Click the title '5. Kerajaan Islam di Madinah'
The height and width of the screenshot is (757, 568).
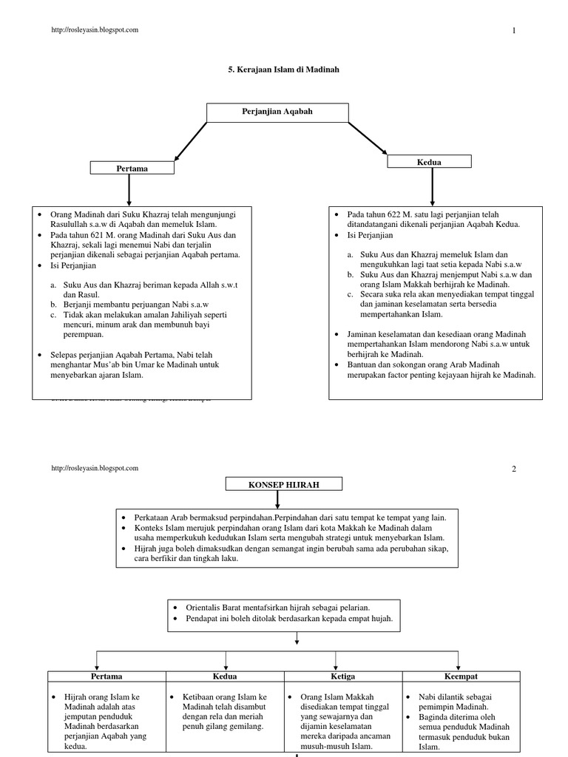pyautogui.click(x=285, y=69)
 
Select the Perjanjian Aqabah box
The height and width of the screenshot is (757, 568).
pyautogui.click(x=277, y=112)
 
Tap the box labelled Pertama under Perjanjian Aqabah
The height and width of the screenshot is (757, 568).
pyautogui.click(x=132, y=169)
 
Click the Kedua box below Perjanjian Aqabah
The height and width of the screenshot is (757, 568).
pyautogui.click(x=429, y=162)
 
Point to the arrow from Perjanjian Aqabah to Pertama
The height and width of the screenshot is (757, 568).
pyautogui.click(x=189, y=140)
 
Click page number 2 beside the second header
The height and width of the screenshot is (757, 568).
pyautogui.click(x=512, y=469)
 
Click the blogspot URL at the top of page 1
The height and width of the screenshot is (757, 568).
pyautogui.click(x=95, y=30)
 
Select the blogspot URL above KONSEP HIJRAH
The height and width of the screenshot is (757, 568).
pyautogui.click(x=95, y=468)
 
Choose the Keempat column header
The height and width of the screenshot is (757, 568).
pyautogui.click(x=460, y=676)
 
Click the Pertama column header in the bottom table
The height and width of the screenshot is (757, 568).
pyautogui.click(x=106, y=676)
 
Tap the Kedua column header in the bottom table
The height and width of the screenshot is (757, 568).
pyautogui.click(x=224, y=676)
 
